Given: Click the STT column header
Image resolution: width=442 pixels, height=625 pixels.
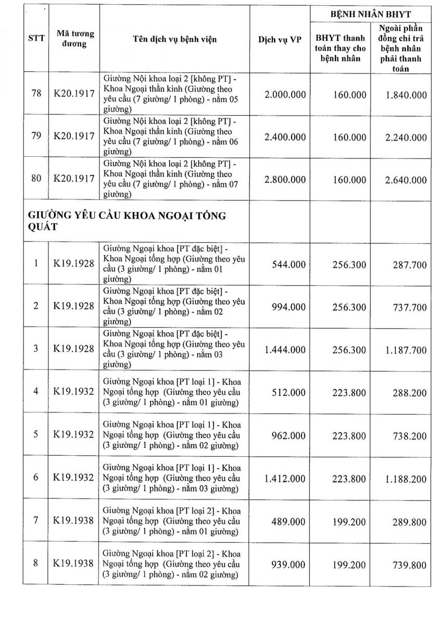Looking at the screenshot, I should pos(36,39).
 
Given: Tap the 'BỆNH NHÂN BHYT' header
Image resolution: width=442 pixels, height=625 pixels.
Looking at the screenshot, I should pos(371,14).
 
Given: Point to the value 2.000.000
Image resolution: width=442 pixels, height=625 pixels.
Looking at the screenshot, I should pos(285,95).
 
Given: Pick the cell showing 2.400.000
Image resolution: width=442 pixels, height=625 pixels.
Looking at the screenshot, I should pos(285,137).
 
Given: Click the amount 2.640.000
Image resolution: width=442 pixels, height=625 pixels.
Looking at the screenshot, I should pos(406,180).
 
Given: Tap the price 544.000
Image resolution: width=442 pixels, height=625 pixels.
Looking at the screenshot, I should pos(289,265).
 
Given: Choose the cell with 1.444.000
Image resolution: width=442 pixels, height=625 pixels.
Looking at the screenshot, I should pos(285,349).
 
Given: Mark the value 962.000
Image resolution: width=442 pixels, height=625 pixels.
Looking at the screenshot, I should pos(289,436).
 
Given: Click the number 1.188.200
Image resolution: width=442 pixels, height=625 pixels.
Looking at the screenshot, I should pos(406,479).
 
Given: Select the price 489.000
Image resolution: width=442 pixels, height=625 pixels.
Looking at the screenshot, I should pos(289,522).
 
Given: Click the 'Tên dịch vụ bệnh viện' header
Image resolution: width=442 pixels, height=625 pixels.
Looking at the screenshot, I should pos(174,40).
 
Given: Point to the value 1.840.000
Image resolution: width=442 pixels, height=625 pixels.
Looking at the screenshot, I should pos(406,95).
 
